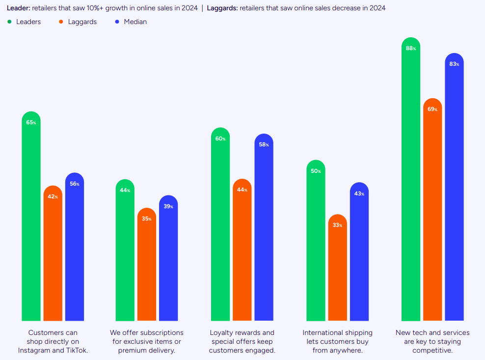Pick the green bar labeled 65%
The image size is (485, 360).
click(31, 221)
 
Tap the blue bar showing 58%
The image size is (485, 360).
click(264, 231)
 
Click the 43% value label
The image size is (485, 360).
click(359, 194)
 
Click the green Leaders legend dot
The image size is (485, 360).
click(9, 22)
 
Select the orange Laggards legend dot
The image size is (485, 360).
click(60, 22)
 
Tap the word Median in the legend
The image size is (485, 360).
click(135, 22)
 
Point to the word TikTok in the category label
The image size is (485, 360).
click(76, 350)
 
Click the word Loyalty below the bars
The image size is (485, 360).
click(222, 332)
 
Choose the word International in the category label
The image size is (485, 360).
click(322, 332)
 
